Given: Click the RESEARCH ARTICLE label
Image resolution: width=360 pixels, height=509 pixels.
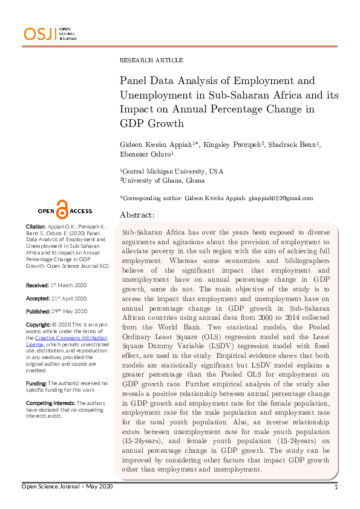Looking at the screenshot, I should tap(151, 60).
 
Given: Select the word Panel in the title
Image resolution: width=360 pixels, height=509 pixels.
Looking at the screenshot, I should tap(135, 80).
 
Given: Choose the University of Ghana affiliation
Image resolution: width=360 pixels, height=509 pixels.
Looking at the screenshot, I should tap(163, 180).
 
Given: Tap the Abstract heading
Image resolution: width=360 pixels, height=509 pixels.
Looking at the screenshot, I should tap(137, 215).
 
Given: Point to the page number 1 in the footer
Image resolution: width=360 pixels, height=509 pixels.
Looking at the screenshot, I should tap(335, 487).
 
